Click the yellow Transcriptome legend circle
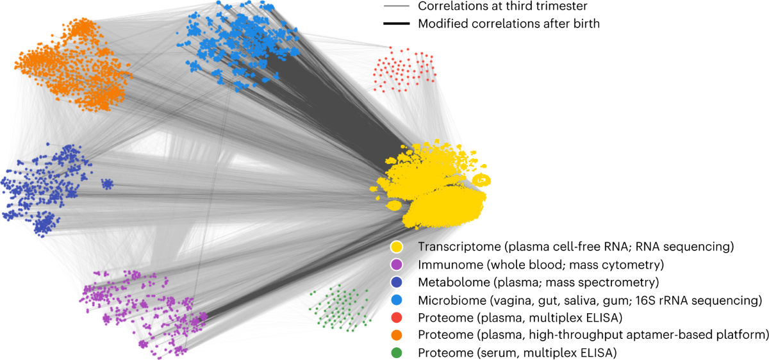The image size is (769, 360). [x=397, y=247]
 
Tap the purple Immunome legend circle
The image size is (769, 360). [x=397, y=265]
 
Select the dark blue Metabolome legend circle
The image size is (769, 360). [x=397, y=282]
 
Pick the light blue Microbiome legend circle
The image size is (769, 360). [x=397, y=300]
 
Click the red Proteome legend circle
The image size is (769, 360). [x=397, y=317]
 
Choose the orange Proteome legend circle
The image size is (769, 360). [x=397, y=334]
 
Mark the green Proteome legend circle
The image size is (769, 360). [x=397, y=352]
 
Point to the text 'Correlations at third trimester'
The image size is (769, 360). [x=502, y=7]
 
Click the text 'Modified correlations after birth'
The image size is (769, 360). [x=508, y=24]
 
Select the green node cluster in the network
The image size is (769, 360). [x=338, y=307]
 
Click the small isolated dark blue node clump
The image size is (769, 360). [x=108, y=184]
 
